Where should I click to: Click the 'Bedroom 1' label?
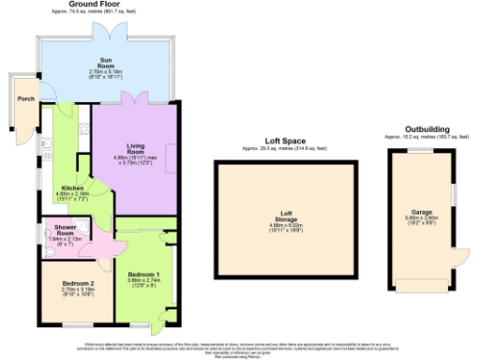click(x=142, y=275)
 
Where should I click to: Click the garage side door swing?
click(x=459, y=259)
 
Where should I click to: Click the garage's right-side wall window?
click(x=452, y=192)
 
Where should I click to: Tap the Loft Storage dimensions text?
click(x=286, y=228)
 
